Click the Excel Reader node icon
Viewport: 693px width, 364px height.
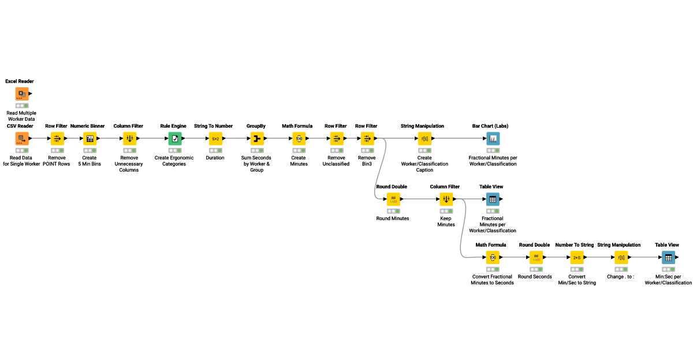[x=22, y=94]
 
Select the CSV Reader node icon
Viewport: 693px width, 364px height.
[x=22, y=138]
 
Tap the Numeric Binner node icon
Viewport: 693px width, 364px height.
[x=90, y=138]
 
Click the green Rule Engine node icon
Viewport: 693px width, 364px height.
[x=175, y=138]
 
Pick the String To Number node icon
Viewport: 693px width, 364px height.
[x=215, y=138]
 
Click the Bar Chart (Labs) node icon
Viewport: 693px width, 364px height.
[x=493, y=138]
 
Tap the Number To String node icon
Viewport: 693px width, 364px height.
[x=576, y=257]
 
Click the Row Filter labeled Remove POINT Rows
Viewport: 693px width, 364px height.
[x=57, y=138]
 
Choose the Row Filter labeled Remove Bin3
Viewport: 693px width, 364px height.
[x=367, y=138]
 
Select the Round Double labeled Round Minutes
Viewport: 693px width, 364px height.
[x=393, y=199]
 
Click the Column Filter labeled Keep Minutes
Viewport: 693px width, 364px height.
[x=446, y=199]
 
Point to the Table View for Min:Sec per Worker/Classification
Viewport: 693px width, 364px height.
[x=668, y=257]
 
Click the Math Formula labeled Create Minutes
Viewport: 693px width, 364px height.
[x=299, y=138]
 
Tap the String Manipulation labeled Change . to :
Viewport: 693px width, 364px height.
[x=621, y=257]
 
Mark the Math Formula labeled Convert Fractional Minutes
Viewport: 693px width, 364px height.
[x=493, y=257]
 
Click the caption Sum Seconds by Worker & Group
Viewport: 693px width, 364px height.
[x=256, y=164]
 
